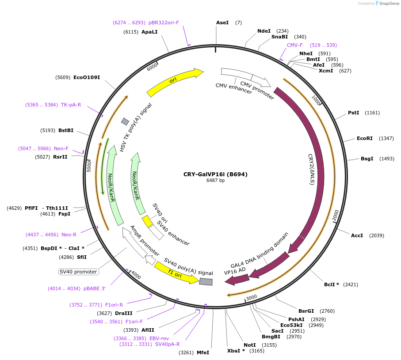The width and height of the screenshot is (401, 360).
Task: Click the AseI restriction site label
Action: tap(222, 23)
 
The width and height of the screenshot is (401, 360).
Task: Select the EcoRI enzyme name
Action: tap(365, 138)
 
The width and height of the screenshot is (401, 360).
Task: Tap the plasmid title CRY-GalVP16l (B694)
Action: tap(215, 174)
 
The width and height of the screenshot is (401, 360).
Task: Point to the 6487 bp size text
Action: tap(215, 180)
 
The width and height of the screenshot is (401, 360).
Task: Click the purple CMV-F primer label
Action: tap(295, 45)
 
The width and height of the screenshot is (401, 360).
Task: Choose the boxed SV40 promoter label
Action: tap(78, 272)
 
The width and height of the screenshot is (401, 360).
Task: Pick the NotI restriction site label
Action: tap(250, 345)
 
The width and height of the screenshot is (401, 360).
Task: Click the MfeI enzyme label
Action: tap(203, 352)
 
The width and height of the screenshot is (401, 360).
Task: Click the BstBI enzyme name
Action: tap(66, 130)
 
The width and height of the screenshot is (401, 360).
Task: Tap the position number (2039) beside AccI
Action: tap(377, 235)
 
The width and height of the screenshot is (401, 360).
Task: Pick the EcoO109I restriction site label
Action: tap(87, 77)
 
